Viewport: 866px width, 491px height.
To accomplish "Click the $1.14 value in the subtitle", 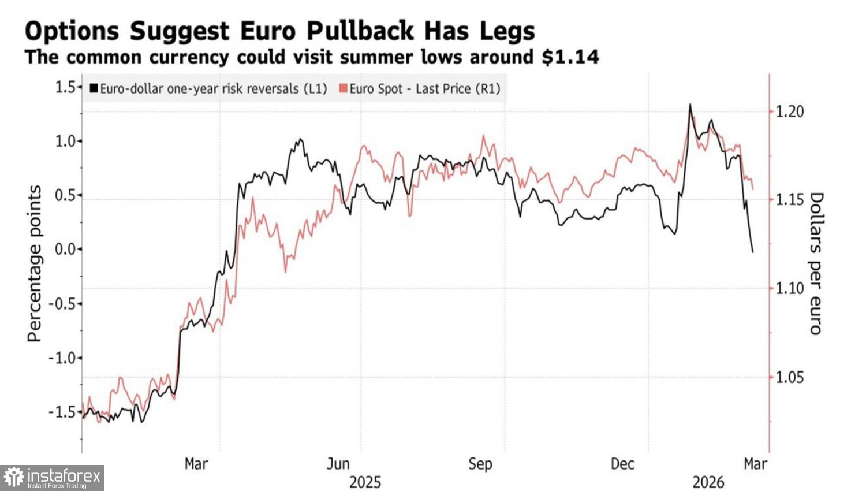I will pyautogui.click(x=570, y=57).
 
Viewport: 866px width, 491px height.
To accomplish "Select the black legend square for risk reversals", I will pyautogui.click(x=94, y=88).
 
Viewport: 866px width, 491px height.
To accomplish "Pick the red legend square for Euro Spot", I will pyautogui.click(x=344, y=88).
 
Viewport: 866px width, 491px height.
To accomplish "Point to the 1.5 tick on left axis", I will pyautogui.click(x=65, y=87).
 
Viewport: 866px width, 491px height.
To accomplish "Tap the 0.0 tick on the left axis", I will pyautogui.click(x=65, y=249).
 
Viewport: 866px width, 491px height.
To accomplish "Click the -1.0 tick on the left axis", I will pyautogui.click(x=62, y=358).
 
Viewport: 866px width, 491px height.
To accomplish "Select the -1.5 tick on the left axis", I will pyautogui.click(x=62, y=412).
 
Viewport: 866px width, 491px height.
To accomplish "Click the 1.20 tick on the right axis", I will pyautogui.click(x=789, y=111).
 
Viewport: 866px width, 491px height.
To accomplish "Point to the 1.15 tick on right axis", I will pyautogui.click(x=789, y=200).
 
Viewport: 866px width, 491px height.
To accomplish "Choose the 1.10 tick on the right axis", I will pyautogui.click(x=789, y=288).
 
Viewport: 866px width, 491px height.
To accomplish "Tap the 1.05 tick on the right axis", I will pyautogui.click(x=789, y=377).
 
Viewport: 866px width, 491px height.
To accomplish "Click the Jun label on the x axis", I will pyautogui.click(x=338, y=464).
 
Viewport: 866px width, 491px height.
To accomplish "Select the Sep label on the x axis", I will pyautogui.click(x=480, y=464).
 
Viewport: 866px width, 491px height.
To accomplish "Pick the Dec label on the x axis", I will pyautogui.click(x=622, y=464).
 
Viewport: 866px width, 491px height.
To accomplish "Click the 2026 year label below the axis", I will pyautogui.click(x=708, y=482).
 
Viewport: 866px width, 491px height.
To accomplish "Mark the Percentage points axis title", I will pyautogui.click(x=35, y=263).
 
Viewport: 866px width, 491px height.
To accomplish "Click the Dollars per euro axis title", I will pyautogui.click(x=816, y=263).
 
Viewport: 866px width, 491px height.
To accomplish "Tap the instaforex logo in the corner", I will pyautogui.click(x=52, y=478).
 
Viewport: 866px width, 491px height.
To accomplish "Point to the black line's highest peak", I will pyautogui.click(x=690, y=105).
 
